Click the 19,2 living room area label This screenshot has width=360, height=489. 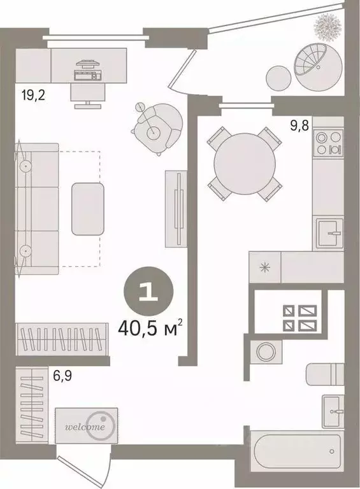[x=33, y=94]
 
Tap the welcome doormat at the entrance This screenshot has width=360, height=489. [x=87, y=425]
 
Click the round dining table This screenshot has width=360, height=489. [x=245, y=164]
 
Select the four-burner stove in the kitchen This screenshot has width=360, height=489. [x=329, y=143]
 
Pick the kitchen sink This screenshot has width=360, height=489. [x=330, y=232]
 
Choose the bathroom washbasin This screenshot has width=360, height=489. [x=333, y=411]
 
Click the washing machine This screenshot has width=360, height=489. [x=266, y=351]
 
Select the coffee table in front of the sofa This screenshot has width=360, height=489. [x=88, y=209]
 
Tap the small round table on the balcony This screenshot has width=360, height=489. [x=279, y=78]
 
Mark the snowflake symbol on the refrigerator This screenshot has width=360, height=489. [x=265, y=267]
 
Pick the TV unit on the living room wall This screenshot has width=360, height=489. [x=176, y=209]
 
